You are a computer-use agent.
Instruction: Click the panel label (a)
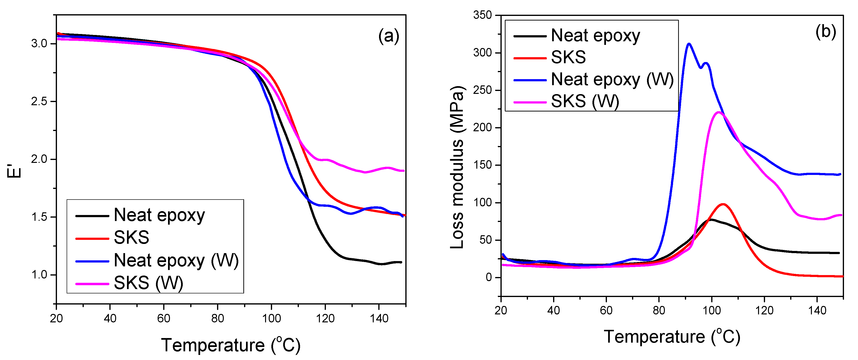coord(388,36)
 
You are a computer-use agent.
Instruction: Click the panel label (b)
coord(825,32)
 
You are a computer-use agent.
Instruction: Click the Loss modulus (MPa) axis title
coord(457,167)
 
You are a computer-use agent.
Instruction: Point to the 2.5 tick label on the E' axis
coord(39,102)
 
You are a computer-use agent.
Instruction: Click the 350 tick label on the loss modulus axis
coord(482,15)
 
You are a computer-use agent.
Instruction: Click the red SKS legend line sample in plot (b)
coord(530,58)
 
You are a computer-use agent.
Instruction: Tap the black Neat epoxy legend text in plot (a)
coord(159,215)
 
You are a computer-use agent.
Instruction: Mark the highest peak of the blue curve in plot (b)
coord(689,44)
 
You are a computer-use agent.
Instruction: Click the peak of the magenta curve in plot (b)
coord(718,112)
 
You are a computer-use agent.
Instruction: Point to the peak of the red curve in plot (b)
coord(722,204)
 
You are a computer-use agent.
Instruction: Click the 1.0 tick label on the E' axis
coord(39,275)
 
